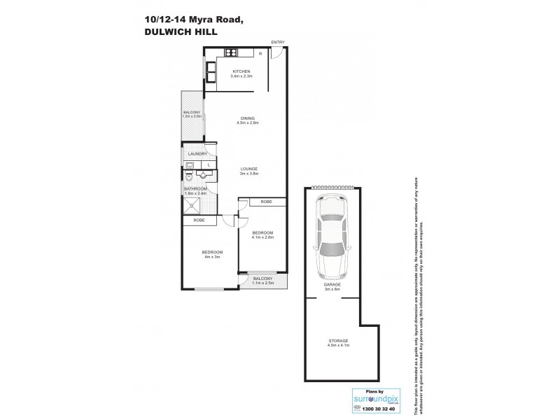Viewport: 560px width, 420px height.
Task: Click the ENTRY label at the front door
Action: [x=278, y=43]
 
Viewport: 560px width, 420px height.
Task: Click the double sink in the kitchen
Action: [x=211, y=72]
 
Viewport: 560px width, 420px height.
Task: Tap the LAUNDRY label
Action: [x=195, y=153]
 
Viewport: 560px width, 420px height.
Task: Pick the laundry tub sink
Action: [x=189, y=165]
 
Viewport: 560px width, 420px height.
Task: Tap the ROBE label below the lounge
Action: [x=266, y=202]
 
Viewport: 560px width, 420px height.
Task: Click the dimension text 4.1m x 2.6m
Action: [x=262, y=237]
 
